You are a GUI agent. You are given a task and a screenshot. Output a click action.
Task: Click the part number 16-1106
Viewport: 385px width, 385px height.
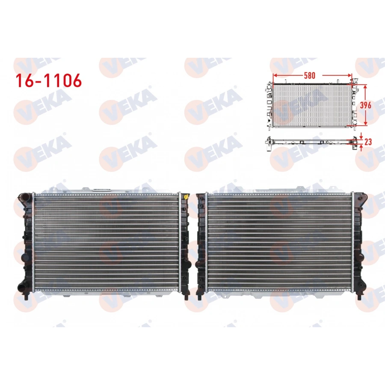[48, 80]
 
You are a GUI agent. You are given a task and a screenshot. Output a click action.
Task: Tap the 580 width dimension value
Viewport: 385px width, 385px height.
[309, 75]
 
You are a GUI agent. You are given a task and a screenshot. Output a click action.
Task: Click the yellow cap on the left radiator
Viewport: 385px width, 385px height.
[187, 197]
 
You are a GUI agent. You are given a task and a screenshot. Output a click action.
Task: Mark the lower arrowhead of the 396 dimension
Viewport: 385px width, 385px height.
[366, 124]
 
